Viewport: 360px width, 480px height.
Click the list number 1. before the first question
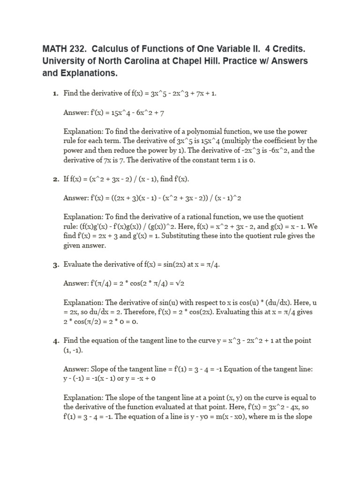tap(55, 94)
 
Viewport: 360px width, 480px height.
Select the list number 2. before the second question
tap(55, 180)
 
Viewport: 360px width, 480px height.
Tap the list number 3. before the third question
tap(55, 265)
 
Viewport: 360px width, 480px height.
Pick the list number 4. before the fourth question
tap(55, 341)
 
